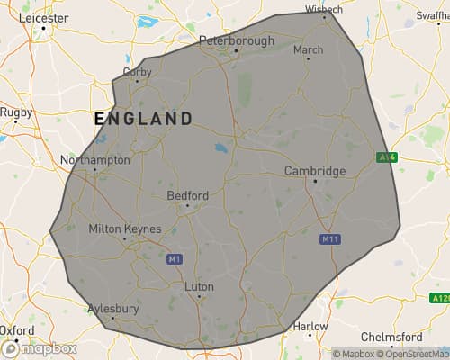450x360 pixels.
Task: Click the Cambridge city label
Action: [x=314, y=171]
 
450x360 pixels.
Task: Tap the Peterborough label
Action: [x=236, y=40]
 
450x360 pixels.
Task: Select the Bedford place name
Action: [x=187, y=195]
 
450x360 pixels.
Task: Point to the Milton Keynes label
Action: [x=124, y=229]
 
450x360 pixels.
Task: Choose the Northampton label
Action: [x=94, y=160]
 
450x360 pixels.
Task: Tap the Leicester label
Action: [x=42, y=17]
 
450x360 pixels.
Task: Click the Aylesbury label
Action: [x=112, y=308]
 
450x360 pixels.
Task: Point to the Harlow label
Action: [x=311, y=325]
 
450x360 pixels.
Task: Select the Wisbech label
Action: [x=324, y=9]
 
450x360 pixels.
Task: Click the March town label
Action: [x=308, y=49]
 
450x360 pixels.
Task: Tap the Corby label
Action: [x=137, y=70]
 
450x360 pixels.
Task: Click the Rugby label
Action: [x=15, y=112]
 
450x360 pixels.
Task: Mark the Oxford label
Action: [x=17, y=330]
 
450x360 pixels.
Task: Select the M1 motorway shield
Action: [x=175, y=259]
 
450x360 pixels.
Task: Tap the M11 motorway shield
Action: [x=330, y=240]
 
